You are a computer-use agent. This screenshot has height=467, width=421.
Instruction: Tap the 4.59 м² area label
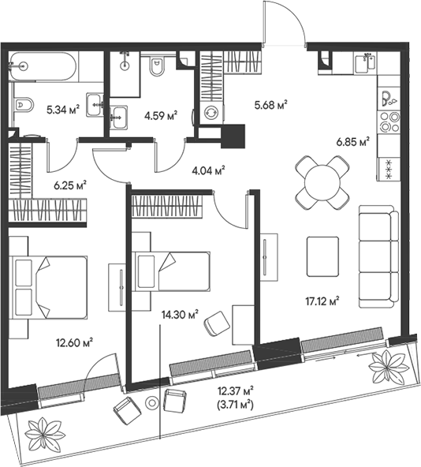[x=161, y=114]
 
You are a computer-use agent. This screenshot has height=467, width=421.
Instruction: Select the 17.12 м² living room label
[x=322, y=300]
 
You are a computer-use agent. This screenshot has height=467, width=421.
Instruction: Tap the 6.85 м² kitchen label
[x=352, y=142]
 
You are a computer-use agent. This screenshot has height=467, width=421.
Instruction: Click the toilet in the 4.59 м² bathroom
[x=156, y=69]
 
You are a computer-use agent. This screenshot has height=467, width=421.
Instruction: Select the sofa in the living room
[x=374, y=256]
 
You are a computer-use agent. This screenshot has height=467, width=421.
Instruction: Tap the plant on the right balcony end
[x=387, y=365]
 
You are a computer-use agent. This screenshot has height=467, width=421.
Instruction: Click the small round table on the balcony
[x=153, y=403]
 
